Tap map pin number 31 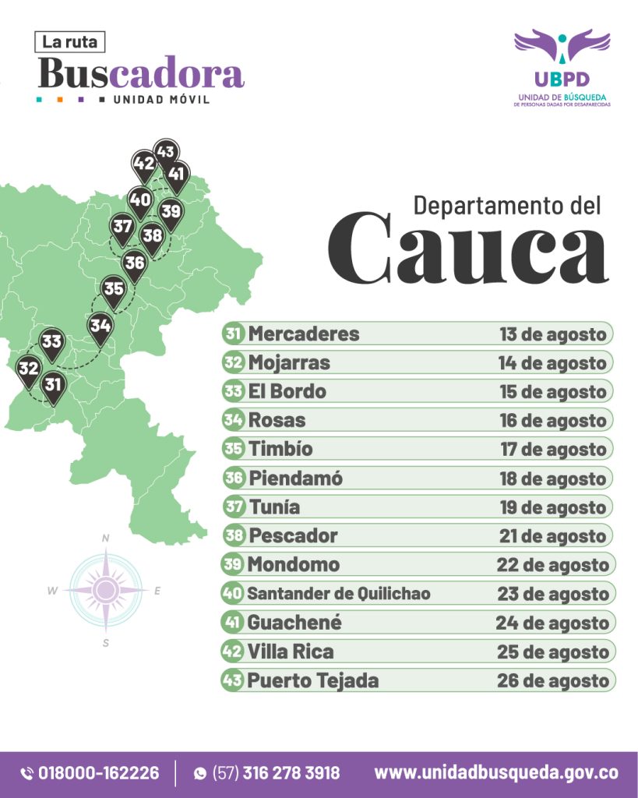pyautogui.click(x=53, y=385)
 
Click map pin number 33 pyautogui.click(x=51, y=342)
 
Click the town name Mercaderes pyautogui.click(x=304, y=334)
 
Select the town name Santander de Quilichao pyautogui.click(x=339, y=594)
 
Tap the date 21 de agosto pyautogui.click(x=552, y=536)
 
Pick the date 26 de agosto pyautogui.click(x=552, y=680)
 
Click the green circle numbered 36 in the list pyautogui.click(x=234, y=478)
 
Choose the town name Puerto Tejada pyautogui.click(x=313, y=680)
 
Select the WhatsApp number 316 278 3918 pyautogui.click(x=291, y=773)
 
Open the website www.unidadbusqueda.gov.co pyautogui.click(x=496, y=773)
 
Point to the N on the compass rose pyautogui.click(x=105, y=538)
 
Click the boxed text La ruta pyautogui.click(x=70, y=42)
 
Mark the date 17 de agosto pyautogui.click(x=552, y=450)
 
